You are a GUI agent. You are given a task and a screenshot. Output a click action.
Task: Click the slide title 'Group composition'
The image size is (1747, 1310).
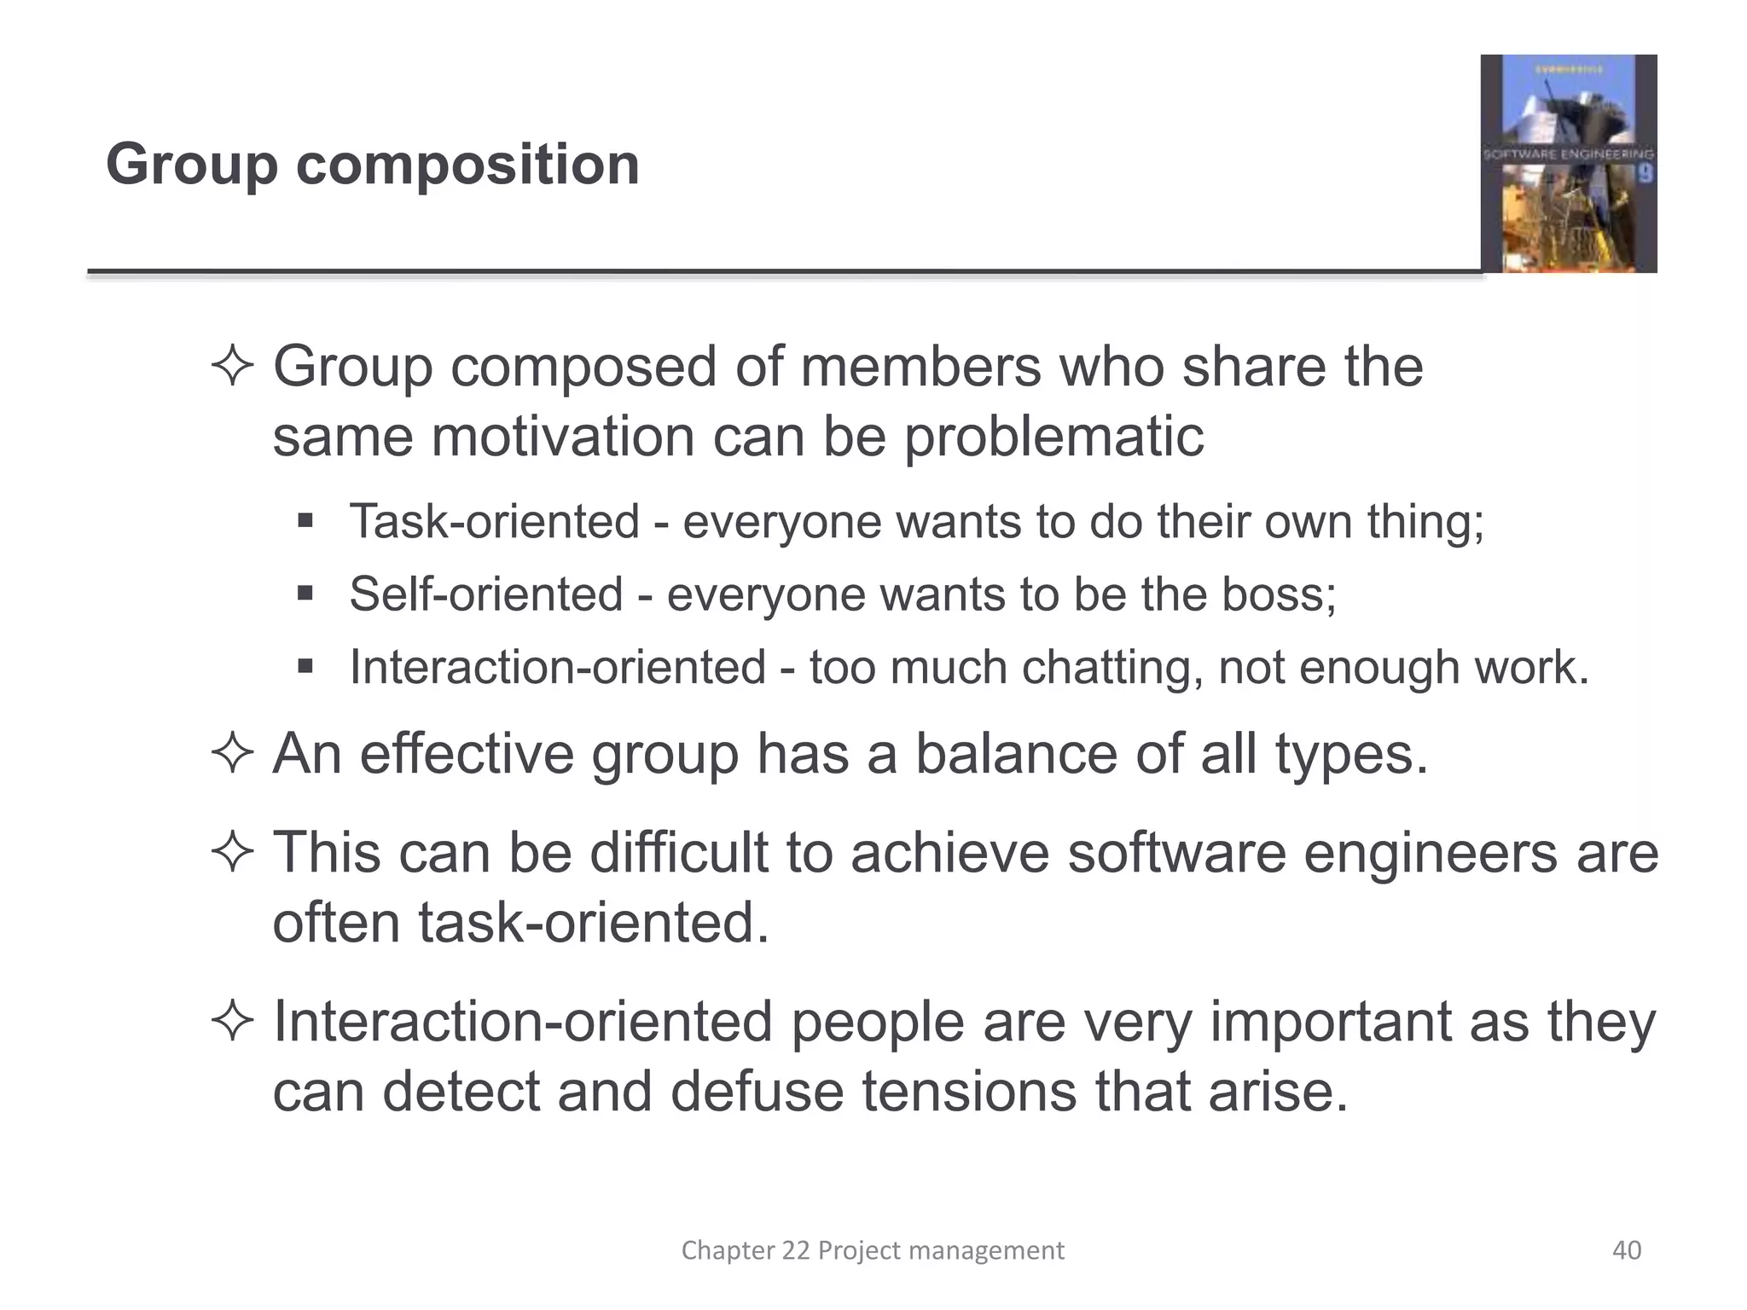[x=372, y=164]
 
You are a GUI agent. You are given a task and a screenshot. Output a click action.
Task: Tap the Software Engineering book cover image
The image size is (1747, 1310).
[x=1568, y=164]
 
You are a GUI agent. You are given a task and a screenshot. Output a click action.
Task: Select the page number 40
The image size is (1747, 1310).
[x=1626, y=1250]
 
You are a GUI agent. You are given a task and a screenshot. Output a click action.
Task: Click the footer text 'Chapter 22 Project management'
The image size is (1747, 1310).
[x=873, y=1250]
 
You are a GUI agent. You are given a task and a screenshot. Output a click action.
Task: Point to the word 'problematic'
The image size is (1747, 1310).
[x=1053, y=437]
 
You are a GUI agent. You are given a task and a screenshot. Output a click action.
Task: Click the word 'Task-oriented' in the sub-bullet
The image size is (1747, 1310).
[x=494, y=521]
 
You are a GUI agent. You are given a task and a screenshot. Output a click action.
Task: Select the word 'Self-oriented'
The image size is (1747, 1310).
[x=486, y=594]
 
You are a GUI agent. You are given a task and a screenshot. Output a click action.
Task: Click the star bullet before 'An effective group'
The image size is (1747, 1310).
[x=232, y=754]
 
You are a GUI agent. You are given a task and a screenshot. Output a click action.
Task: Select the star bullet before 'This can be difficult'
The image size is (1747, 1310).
[x=232, y=852]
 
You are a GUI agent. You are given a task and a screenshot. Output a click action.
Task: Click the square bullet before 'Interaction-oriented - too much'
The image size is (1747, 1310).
[x=305, y=665]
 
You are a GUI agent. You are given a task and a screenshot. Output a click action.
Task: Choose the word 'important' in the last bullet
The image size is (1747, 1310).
[x=1330, y=1021]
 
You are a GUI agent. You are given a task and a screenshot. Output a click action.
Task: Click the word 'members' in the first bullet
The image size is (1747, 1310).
[x=920, y=367]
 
